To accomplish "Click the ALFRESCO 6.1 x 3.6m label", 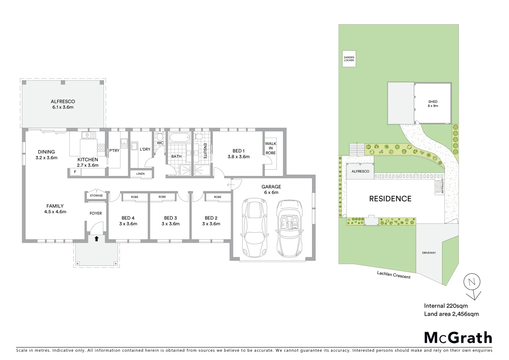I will [x=63, y=104].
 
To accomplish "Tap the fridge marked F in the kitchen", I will [x=75, y=172].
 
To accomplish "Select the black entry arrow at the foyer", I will [x=97, y=238].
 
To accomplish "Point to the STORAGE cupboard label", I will [x=96, y=196].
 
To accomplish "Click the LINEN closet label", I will [x=140, y=174].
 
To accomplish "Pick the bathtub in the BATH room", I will [x=179, y=138].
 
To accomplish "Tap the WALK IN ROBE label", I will [x=270, y=148].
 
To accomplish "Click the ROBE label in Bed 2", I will [x=218, y=197].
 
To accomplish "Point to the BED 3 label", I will [x=170, y=221].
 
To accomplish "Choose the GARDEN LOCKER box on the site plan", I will [x=349, y=59].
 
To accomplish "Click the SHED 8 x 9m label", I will [x=433, y=104].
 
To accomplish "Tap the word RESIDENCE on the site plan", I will [x=390, y=199].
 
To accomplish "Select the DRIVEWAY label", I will [x=429, y=253].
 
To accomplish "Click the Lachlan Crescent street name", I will [x=393, y=275].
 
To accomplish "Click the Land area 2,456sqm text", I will [x=451, y=314].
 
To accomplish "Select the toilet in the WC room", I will [x=160, y=137].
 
